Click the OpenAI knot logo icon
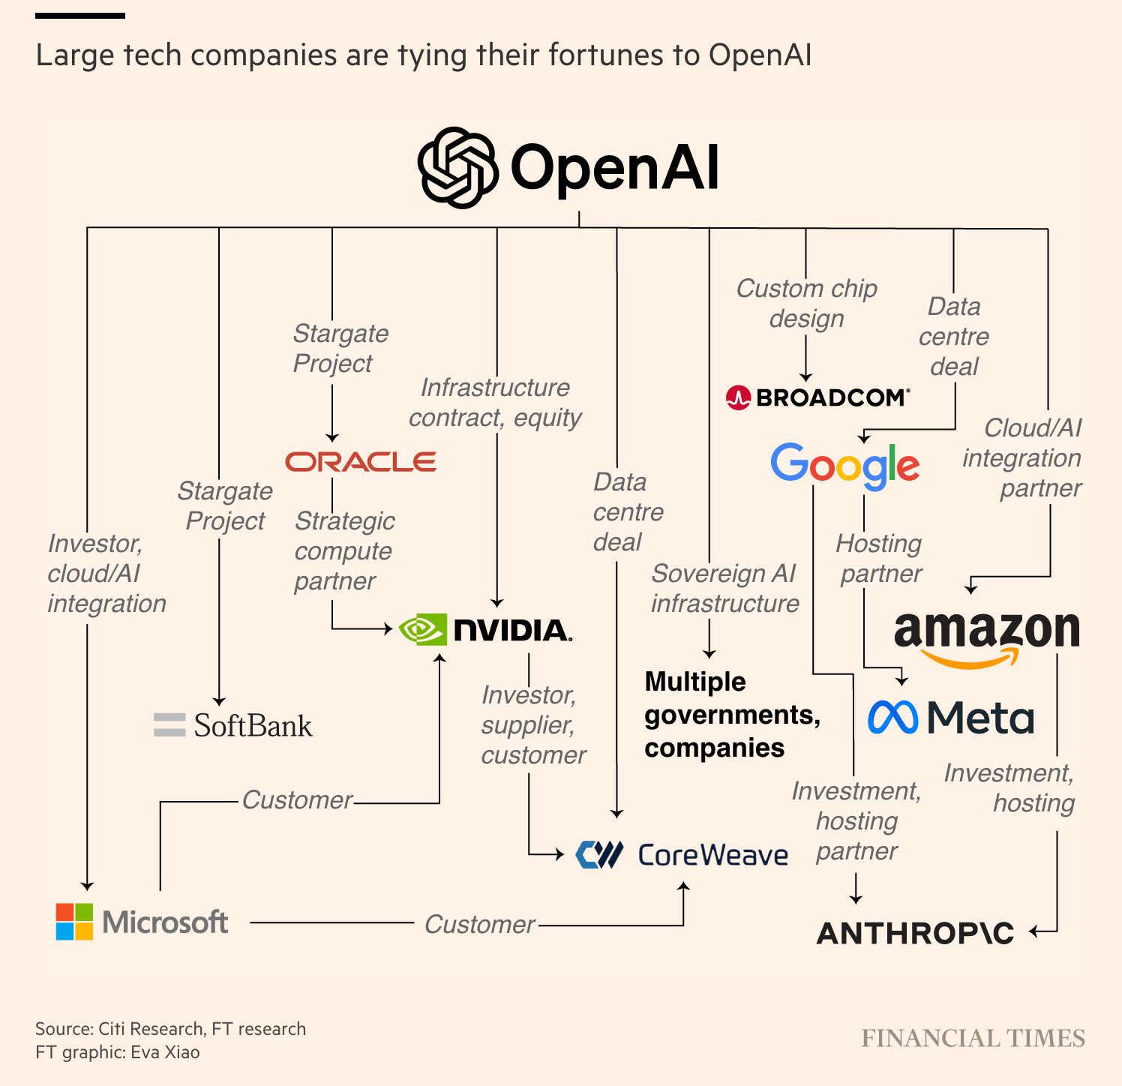(x=457, y=167)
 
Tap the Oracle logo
(x=361, y=462)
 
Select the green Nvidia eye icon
(x=422, y=630)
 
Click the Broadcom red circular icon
(x=739, y=397)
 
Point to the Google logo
(x=845, y=465)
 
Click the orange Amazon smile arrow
(x=970, y=659)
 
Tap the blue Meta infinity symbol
(x=892, y=718)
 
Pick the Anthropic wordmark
(x=915, y=934)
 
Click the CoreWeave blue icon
(x=599, y=854)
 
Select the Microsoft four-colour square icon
(x=74, y=922)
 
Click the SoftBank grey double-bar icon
(x=169, y=724)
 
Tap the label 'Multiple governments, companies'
(x=732, y=715)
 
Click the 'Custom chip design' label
(x=807, y=304)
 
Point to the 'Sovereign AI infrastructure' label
(x=724, y=589)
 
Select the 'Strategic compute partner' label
(x=344, y=551)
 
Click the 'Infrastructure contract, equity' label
(x=495, y=403)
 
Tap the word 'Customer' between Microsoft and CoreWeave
(x=480, y=925)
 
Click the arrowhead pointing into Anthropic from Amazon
(x=1034, y=932)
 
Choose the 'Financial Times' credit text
(x=973, y=1039)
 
